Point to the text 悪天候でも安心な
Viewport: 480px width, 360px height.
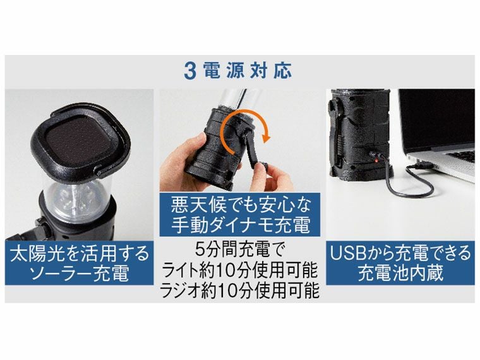pos(240,206)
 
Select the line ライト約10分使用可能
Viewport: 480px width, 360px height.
pos(240,271)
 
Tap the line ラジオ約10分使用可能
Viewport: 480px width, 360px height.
pos(240,291)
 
